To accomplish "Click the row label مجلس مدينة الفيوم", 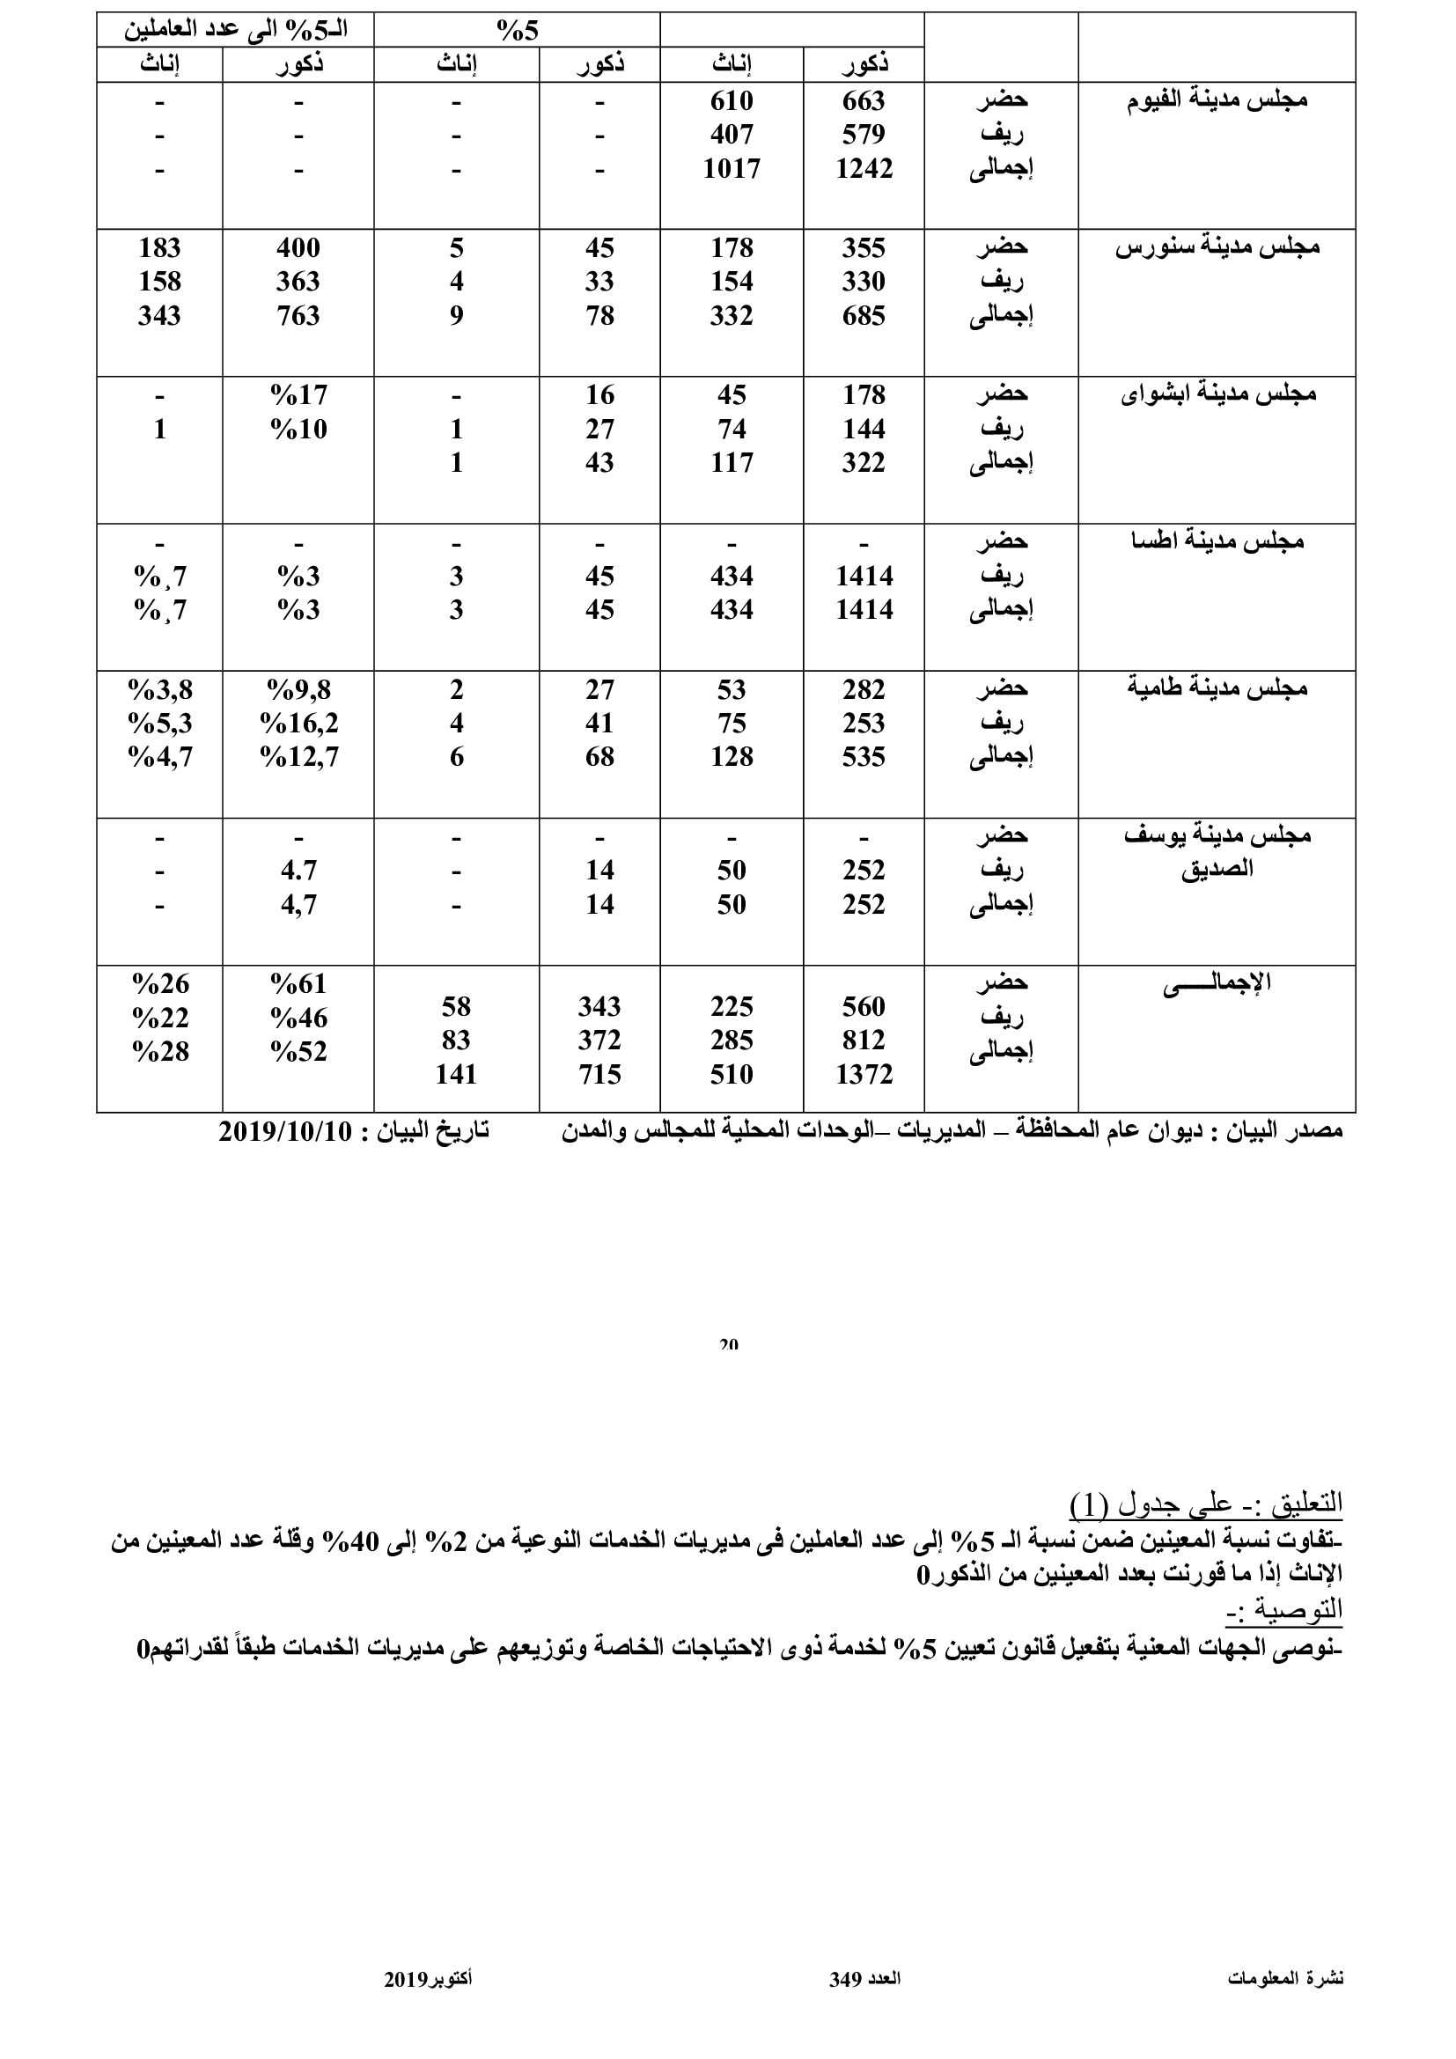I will click(x=1217, y=99).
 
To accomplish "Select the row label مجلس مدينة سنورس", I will click(x=1217, y=246).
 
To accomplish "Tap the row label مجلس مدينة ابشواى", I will click(x=1218, y=393).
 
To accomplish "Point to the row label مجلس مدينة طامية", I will click(x=1217, y=688).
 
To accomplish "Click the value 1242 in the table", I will click(x=864, y=169).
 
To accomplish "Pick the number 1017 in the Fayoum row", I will click(x=731, y=169).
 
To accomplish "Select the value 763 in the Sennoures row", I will click(x=298, y=316).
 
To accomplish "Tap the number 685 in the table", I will click(x=864, y=316).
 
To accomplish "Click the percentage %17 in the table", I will click(x=298, y=394).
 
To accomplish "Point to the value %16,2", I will click(x=298, y=723).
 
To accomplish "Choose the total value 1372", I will click(x=864, y=1074).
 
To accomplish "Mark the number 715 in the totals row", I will click(x=599, y=1074).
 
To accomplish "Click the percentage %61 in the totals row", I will click(x=298, y=984).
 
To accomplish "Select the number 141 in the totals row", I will click(x=455, y=1074).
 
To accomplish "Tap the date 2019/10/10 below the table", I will click(x=285, y=1132).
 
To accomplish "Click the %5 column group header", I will click(x=518, y=32).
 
